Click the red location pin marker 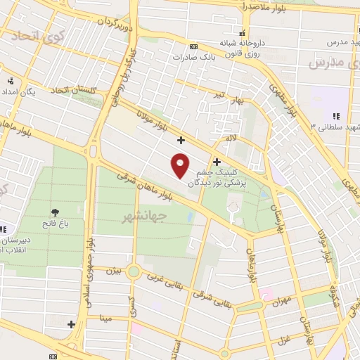click(x=181, y=165)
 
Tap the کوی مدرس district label click(x=328, y=63)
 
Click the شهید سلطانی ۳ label click(x=333, y=127)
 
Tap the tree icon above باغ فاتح click(x=55, y=212)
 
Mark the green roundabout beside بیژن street click(x=134, y=271)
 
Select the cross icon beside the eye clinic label click(x=217, y=162)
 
